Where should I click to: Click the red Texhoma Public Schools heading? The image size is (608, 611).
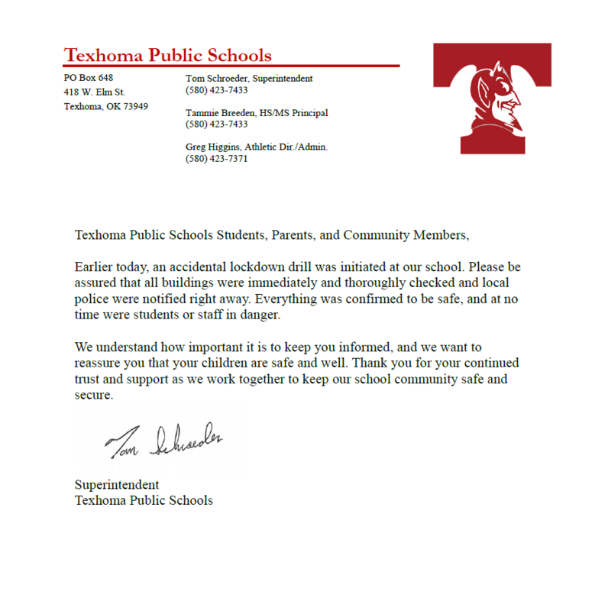point(167,55)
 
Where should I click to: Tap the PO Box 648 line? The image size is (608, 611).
point(88,78)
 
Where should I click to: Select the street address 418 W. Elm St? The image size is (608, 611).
point(94,92)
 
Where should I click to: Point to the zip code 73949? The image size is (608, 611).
point(134,106)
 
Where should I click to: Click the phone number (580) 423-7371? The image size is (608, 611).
point(216,159)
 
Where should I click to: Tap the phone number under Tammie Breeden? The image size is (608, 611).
point(216,124)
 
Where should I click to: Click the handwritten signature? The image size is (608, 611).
point(164,442)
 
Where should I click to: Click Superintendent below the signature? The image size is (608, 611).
point(116,485)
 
